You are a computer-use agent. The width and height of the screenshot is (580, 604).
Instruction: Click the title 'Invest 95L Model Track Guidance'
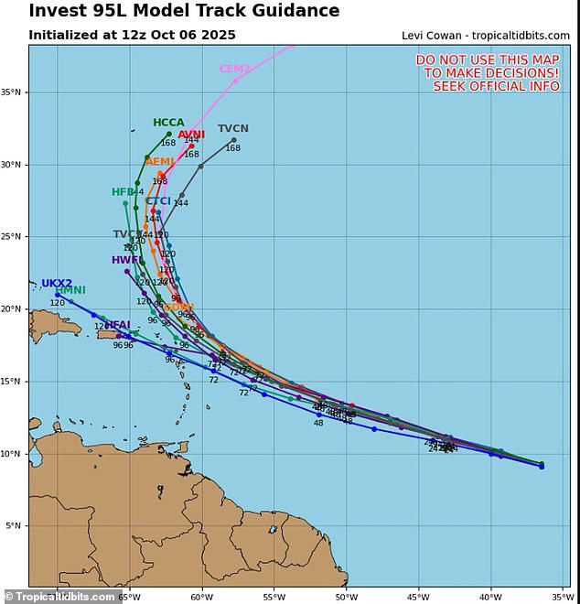(184, 12)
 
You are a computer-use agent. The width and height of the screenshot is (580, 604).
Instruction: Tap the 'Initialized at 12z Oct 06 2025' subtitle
(132, 35)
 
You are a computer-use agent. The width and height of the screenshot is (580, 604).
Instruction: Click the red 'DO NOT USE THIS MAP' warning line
(487, 59)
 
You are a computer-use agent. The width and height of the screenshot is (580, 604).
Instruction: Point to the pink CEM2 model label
(234, 70)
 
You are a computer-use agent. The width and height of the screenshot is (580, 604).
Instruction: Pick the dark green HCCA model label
(168, 123)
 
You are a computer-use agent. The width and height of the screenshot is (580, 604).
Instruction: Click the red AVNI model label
(191, 135)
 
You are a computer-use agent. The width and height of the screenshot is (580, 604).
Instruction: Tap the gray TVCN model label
(232, 129)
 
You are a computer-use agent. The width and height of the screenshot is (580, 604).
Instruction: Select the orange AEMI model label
(159, 162)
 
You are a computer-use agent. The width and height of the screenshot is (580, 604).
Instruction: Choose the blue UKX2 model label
(57, 284)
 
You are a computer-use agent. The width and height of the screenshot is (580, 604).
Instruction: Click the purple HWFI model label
(126, 260)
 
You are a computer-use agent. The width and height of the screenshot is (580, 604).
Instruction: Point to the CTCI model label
(158, 201)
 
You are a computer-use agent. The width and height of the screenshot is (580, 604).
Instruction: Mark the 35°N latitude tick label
(15, 92)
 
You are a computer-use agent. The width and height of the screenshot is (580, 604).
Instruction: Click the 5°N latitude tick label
(16, 525)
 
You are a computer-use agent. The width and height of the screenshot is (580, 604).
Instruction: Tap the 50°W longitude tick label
(346, 597)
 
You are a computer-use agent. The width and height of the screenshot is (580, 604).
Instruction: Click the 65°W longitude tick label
(129, 597)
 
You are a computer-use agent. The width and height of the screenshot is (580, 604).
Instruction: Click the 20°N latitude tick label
(15, 309)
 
